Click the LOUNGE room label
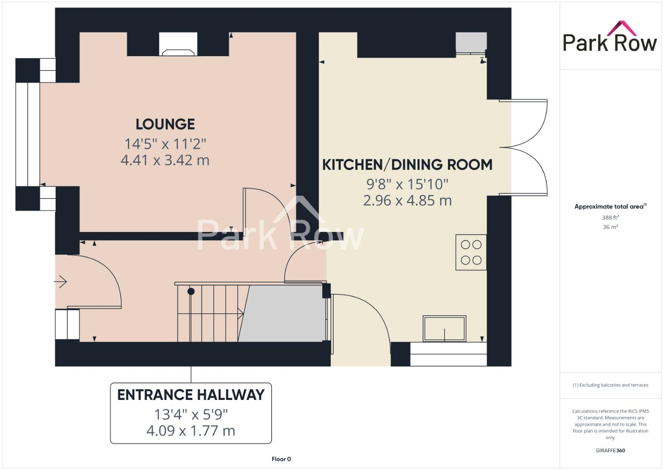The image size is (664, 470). pyautogui.click(x=165, y=124)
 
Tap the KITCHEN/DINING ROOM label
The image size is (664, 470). pyautogui.click(x=407, y=165)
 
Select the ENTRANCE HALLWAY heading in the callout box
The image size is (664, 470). pyautogui.click(x=191, y=395)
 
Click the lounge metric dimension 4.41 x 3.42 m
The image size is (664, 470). pyautogui.click(x=165, y=160)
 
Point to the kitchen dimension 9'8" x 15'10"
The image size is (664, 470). pyautogui.click(x=407, y=184)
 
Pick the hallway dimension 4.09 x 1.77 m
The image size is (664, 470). pyautogui.click(x=191, y=431)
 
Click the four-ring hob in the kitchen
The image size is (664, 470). pyautogui.click(x=471, y=252)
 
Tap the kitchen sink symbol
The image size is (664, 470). pyautogui.click(x=444, y=329)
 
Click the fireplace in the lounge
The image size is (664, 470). pyautogui.click(x=178, y=44)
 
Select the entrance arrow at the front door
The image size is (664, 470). pyautogui.click(x=61, y=282)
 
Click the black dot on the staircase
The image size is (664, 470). pyautogui.click(x=191, y=292)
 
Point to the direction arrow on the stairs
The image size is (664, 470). pyautogui.click(x=240, y=312)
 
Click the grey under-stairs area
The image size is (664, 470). pyautogui.click(x=283, y=313)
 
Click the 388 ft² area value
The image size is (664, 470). pyautogui.click(x=610, y=217)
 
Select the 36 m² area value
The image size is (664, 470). pyautogui.click(x=610, y=227)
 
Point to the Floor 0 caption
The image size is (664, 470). pyautogui.click(x=281, y=459)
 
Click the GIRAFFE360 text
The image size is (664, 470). pyautogui.click(x=610, y=450)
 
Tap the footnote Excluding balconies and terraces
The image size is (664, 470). pyautogui.click(x=610, y=385)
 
